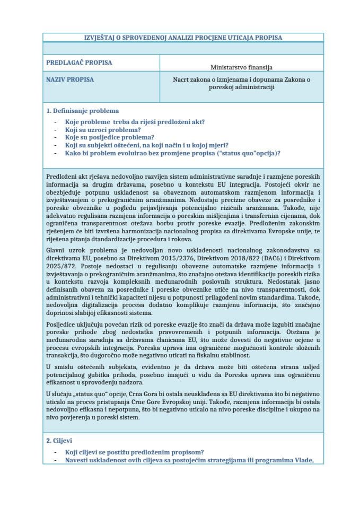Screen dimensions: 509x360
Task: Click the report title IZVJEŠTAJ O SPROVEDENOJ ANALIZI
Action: pyautogui.click(x=183, y=38)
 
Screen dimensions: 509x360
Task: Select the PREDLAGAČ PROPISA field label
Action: pyautogui.click(x=79, y=63)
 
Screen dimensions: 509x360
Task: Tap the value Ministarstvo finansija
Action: pyautogui.click(x=241, y=67)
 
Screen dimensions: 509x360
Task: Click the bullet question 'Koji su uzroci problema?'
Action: pyautogui.click(x=103, y=129)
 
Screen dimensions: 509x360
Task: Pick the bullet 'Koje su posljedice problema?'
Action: pyautogui.click(x=106, y=137)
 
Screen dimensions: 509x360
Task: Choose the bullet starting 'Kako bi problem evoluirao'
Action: pyautogui.click(x=173, y=153)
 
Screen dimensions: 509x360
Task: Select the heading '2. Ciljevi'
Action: pyautogui.click(x=63, y=441)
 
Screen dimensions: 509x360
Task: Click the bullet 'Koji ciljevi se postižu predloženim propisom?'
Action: pyautogui.click(x=135, y=452)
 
